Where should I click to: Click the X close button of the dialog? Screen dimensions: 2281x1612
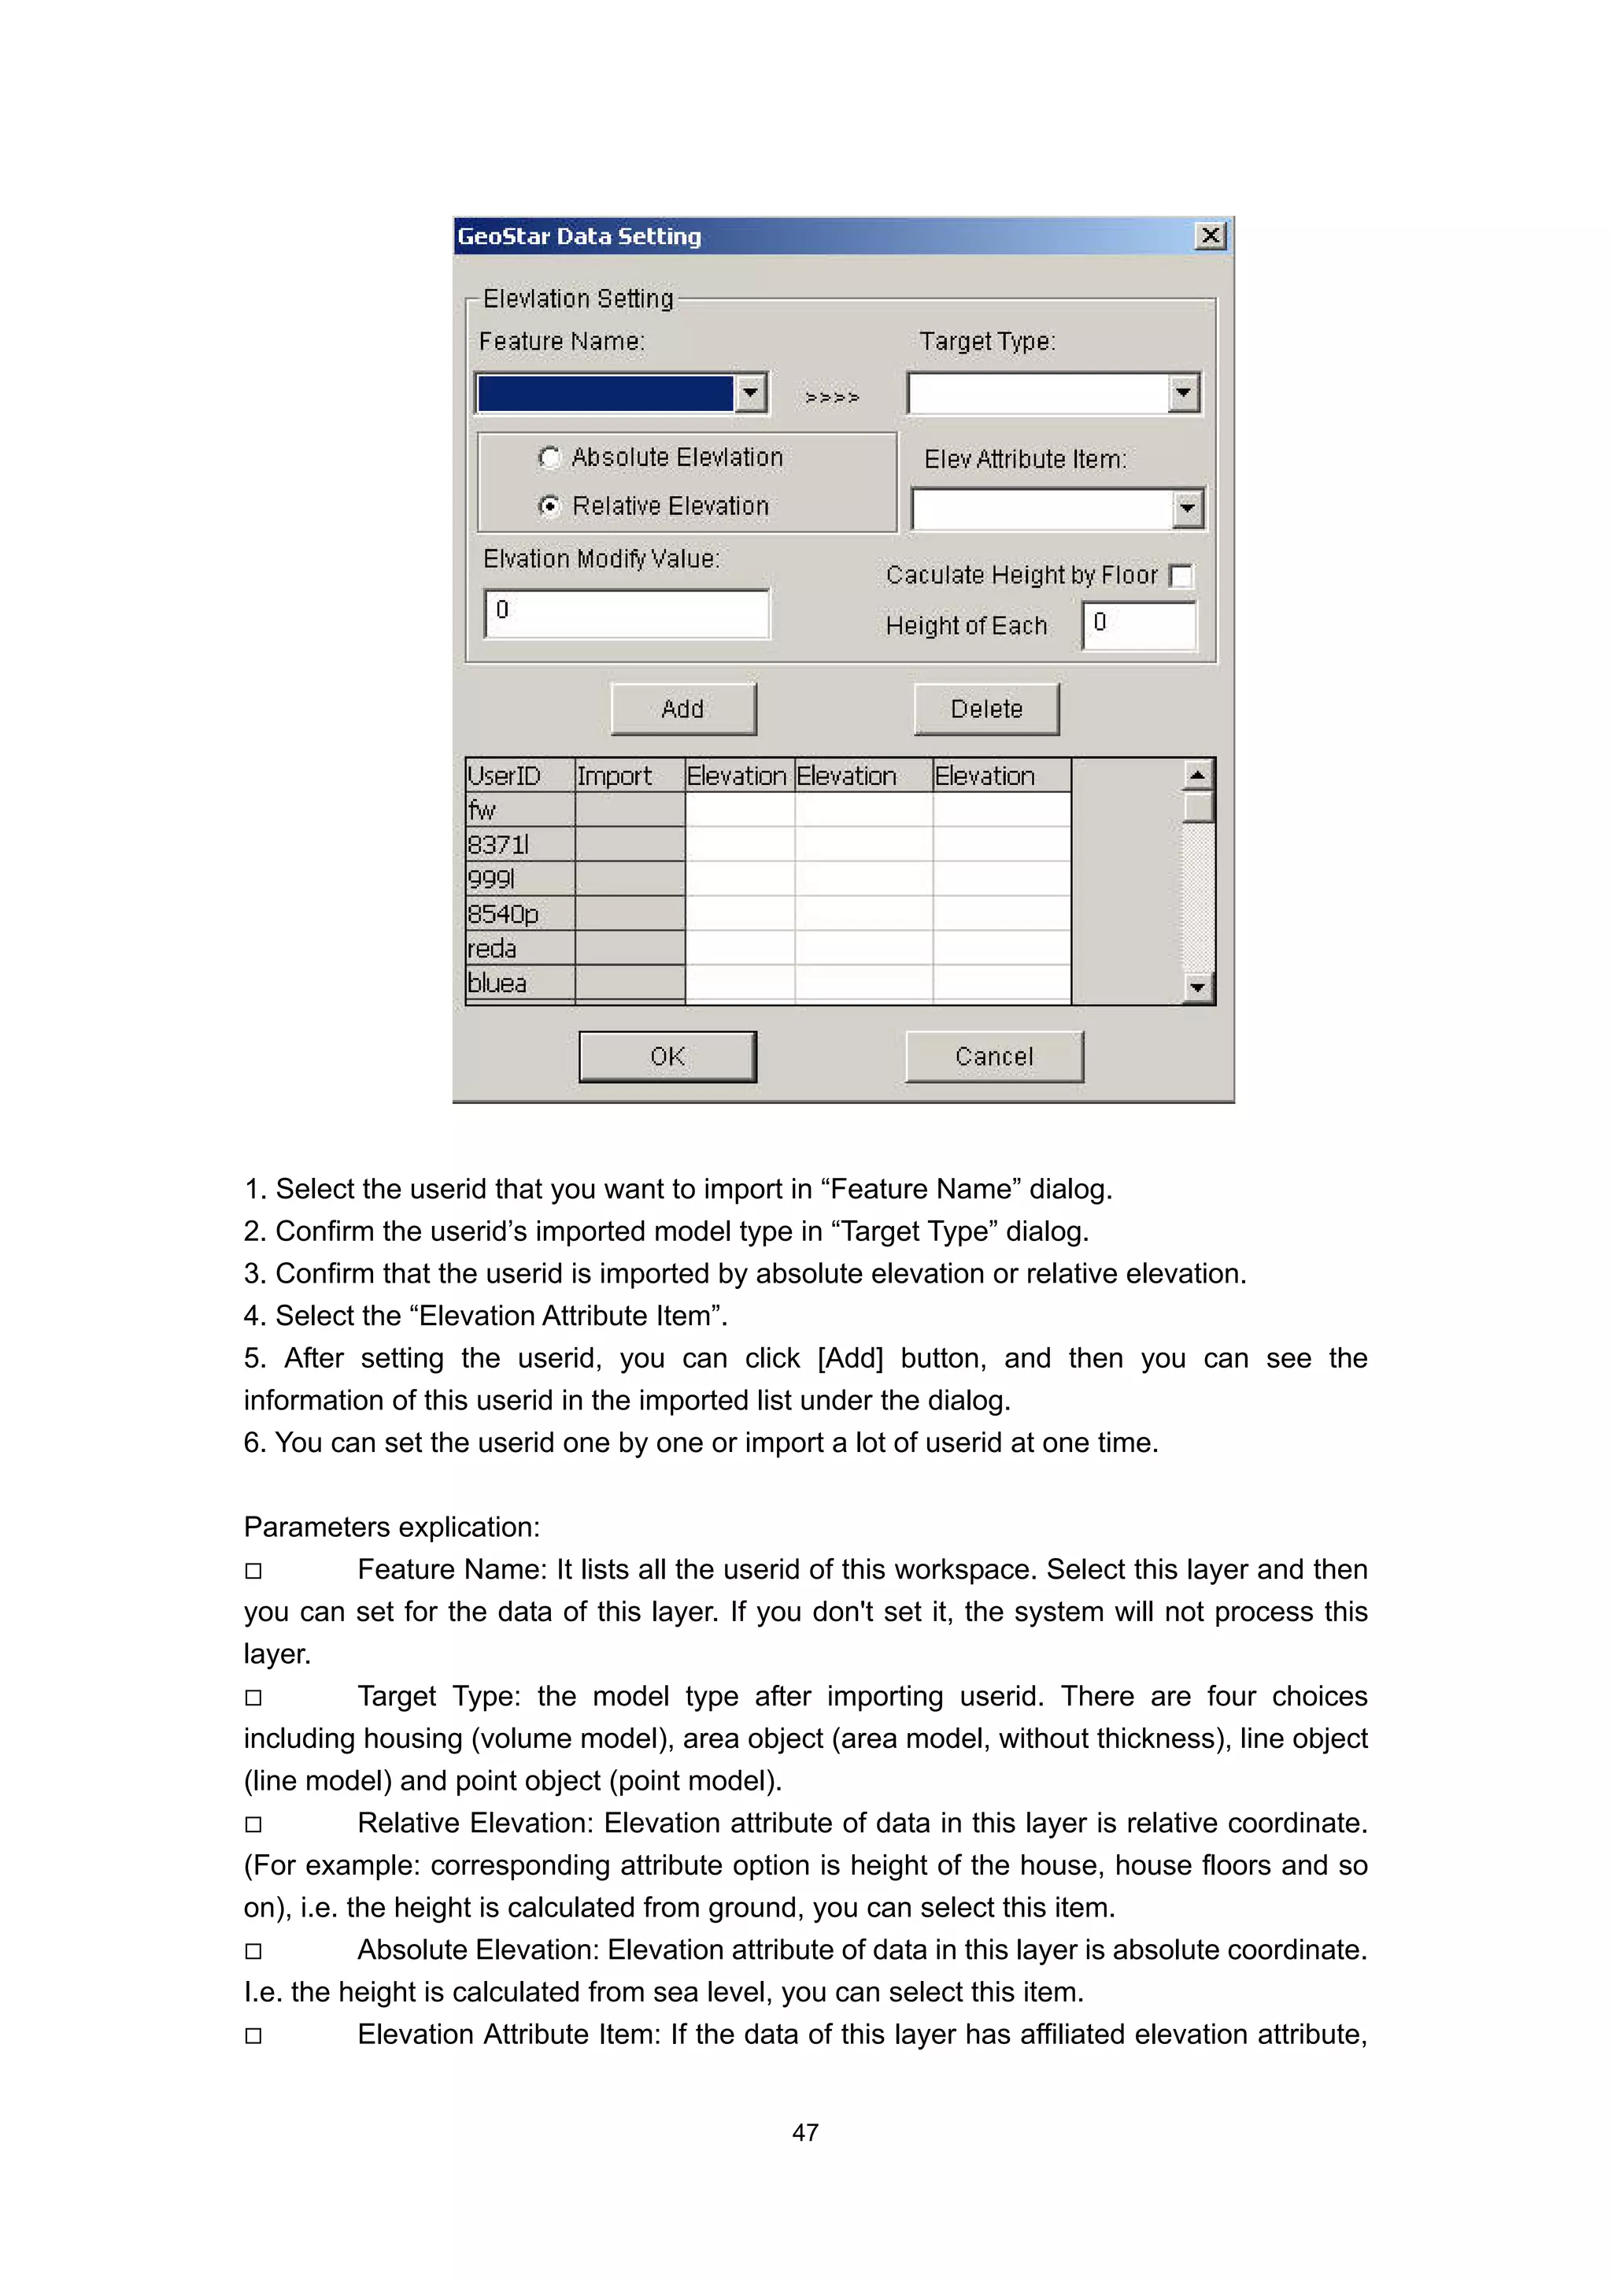[x=1210, y=236]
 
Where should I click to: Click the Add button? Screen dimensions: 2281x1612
[x=682, y=709]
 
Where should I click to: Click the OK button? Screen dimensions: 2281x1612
[x=667, y=1056]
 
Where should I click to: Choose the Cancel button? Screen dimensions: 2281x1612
[x=993, y=1056]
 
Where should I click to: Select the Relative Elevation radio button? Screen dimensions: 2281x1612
[x=549, y=505]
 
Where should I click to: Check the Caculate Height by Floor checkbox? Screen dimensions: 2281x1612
[x=1180, y=576]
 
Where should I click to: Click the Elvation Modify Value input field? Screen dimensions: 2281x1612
[x=627, y=613]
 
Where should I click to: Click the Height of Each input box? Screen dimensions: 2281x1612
[x=1139, y=625]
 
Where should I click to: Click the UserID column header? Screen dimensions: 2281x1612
[x=519, y=776]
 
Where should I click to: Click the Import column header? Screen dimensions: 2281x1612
[x=629, y=776]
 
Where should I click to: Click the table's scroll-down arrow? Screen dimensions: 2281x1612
[x=1197, y=988]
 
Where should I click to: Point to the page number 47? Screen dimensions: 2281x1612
[x=804, y=2132]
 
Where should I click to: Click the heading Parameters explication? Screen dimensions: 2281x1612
[x=391, y=1527]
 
